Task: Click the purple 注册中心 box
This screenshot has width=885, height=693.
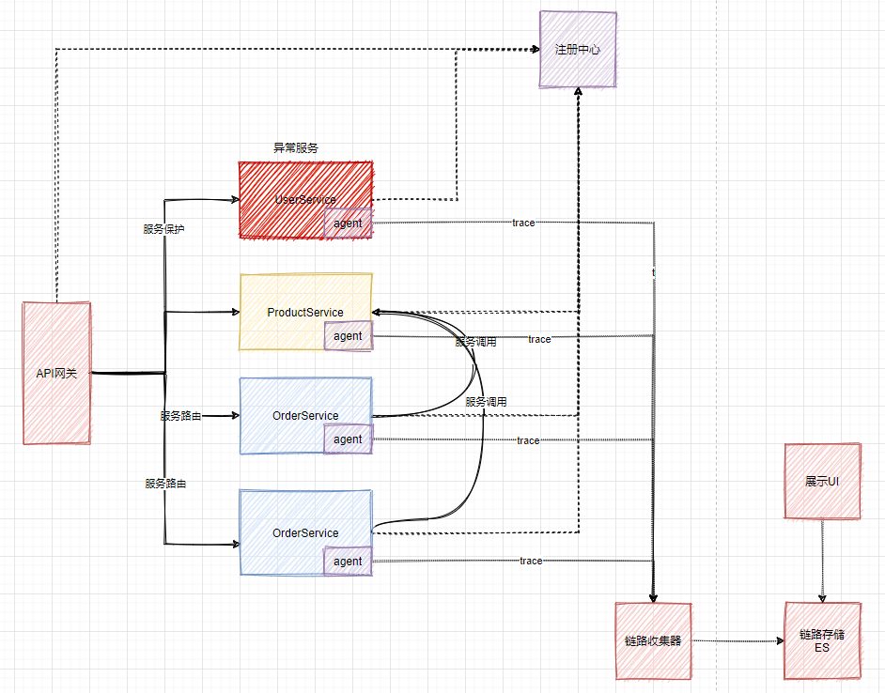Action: click(x=578, y=50)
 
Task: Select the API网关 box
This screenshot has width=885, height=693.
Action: click(x=57, y=373)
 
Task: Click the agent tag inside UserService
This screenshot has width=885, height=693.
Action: click(x=348, y=223)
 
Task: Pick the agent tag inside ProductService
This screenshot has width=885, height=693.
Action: click(x=348, y=336)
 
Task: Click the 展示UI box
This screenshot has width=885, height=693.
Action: click(x=822, y=481)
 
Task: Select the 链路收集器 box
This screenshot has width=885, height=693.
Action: click(x=653, y=641)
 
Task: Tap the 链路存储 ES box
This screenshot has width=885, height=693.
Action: click(x=822, y=641)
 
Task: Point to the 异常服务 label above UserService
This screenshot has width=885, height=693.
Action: click(x=296, y=148)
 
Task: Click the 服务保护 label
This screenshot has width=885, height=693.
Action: click(x=163, y=229)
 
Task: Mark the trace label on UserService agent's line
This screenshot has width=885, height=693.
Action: click(x=523, y=223)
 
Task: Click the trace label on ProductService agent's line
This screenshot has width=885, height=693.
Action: click(x=539, y=339)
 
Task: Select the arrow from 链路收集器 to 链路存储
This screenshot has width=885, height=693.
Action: click(x=737, y=641)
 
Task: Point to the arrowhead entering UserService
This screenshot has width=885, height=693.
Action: click(x=235, y=199)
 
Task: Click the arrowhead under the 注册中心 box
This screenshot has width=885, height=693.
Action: click(x=578, y=92)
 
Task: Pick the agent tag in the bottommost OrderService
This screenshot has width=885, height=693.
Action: click(x=348, y=562)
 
